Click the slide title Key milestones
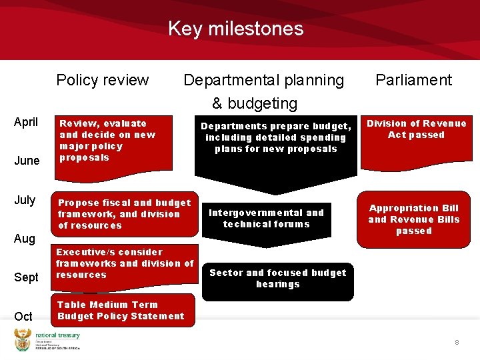(235, 29)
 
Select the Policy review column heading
(102, 80)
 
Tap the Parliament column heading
(413, 80)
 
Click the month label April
(27, 123)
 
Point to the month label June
(27, 161)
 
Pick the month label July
(25, 200)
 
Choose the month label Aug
(25, 238)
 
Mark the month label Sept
(27, 277)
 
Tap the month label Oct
(23, 316)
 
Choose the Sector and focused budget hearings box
(277, 279)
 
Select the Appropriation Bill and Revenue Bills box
(413, 219)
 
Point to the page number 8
(457, 342)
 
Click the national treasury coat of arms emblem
(23, 339)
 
